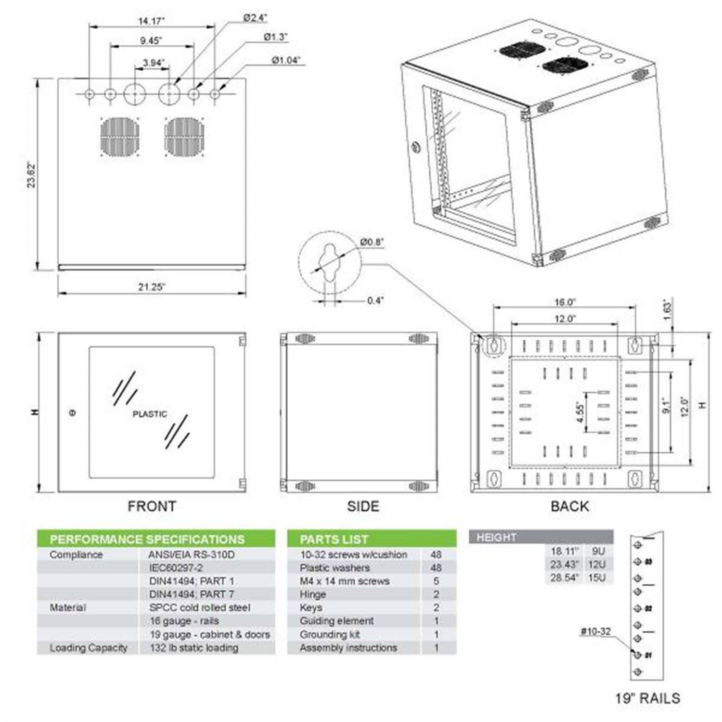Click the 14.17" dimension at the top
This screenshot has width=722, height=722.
pyautogui.click(x=151, y=21)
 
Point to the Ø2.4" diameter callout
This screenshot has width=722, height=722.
pyautogui.click(x=255, y=18)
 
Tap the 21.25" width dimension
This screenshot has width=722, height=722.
pyautogui.click(x=152, y=287)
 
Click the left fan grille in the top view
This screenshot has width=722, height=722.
pyautogui.click(x=120, y=137)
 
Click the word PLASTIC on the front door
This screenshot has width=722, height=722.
pyautogui.click(x=150, y=414)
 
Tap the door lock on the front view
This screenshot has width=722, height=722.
pyautogui.click(x=73, y=413)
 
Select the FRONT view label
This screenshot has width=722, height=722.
pyautogui.click(x=152, y=506)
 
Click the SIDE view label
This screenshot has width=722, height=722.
pyautogui.click(x=363, y=506)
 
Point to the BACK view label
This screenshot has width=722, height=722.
pyautogui.click(x=569, y=506)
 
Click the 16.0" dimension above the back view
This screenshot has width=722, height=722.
pyautogui.click(x=565, y=302)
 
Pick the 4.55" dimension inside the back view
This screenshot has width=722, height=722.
pyautogui.click(x=580, y=413)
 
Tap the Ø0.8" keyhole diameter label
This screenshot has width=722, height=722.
pyautogui.click(x=372, y=242)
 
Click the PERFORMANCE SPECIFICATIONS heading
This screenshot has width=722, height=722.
pyautogui.click(x=147, y=539)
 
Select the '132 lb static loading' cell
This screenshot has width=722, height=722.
pyautogui.click(x=194, y=648)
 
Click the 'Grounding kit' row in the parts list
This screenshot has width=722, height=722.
pyautogui.click(x=330, y=634)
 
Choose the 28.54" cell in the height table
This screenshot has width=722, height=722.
pyautogui.click(x=565, y=578)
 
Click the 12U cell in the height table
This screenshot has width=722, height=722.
pyautogui.click(x=597, y=564)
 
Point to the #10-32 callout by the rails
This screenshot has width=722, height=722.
pyautogui.click(x=595, y=631)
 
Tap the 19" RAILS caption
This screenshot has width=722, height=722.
pyautogui.click(x=647, y=698)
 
